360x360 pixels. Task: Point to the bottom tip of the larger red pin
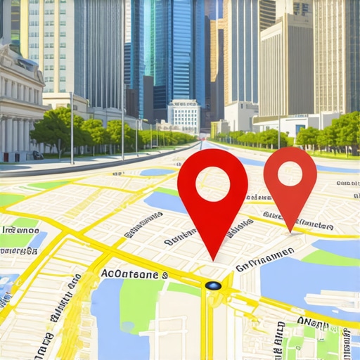pos(213,259)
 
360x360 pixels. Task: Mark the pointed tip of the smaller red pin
pos(290,230)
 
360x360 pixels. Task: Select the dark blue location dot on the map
pos(214,285)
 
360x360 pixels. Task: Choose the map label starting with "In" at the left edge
pos(20,230)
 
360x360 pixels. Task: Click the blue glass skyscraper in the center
pos(172,49)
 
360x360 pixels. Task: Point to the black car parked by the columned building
pos(37,155)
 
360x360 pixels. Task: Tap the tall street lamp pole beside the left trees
pos(71,127)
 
